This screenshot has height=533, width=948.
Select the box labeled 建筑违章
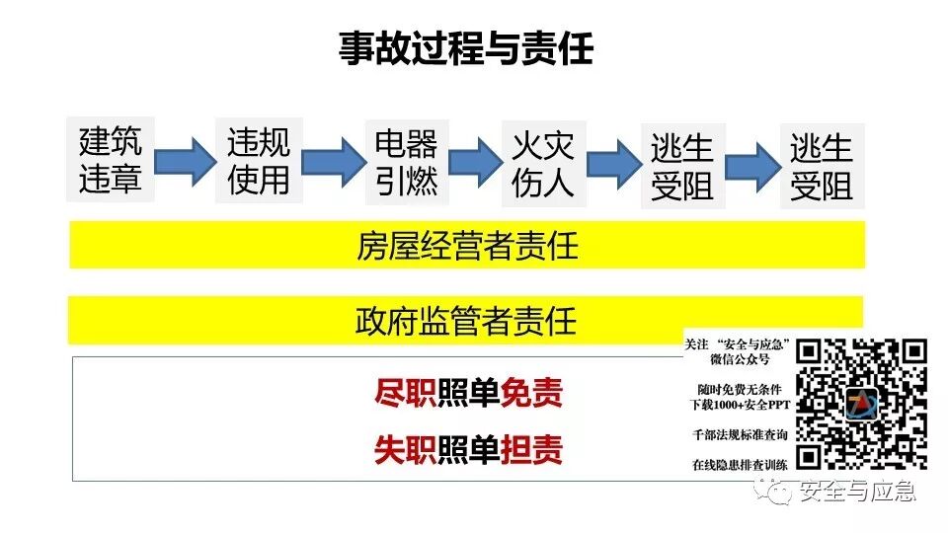(x=111, y=161)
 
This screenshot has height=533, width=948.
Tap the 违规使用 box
(x=259, y=161)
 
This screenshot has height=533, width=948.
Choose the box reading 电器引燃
(x=406, y=161)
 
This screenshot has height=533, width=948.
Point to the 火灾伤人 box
(x=542, y=161)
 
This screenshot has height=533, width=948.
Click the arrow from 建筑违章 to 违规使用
(x=186, y=159)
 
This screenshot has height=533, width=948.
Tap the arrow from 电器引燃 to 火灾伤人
(x=475, y=159)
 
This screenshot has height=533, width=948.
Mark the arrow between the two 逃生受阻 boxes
(x=753, y=162)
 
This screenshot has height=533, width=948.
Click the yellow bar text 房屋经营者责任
(x=467, y=246)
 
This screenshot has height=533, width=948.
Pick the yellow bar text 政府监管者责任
(x=466, y=320)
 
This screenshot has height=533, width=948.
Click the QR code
(x=862, y=403)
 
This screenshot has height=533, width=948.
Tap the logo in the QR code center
(x=862, y=404)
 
